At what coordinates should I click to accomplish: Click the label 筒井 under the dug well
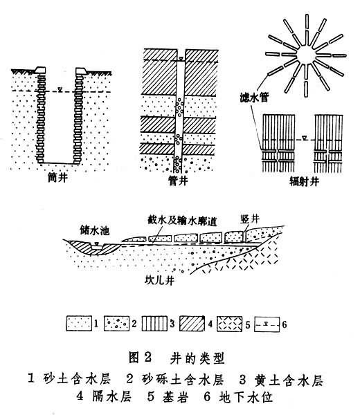57,177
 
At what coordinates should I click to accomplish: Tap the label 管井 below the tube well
178,181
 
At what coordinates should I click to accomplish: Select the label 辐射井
304,181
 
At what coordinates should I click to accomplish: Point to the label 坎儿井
159,280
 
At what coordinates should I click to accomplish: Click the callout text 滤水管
254,98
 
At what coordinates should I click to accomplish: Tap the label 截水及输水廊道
182,221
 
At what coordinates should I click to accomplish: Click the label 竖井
250,219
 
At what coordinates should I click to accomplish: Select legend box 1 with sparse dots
79,323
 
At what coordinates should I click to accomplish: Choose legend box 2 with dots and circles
116,323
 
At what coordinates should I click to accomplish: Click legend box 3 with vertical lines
154,323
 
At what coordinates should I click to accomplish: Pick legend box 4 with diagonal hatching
192,323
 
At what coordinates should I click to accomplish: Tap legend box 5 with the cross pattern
229,323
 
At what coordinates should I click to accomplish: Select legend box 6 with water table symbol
267,324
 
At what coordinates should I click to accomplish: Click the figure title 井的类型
197,358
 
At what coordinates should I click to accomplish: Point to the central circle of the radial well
306,55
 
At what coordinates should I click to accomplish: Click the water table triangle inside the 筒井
60,89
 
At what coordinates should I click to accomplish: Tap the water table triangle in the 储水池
97,243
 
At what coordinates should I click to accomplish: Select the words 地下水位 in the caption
246,397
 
